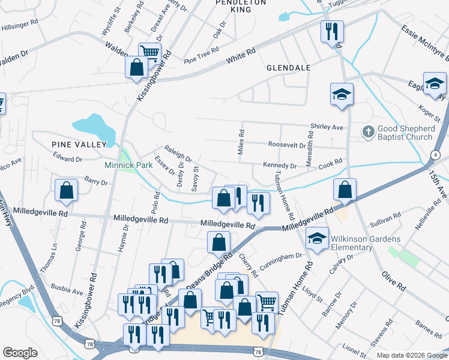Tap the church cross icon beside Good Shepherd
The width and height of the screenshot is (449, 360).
(368, 130)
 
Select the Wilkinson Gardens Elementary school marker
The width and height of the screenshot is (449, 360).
(317, 239)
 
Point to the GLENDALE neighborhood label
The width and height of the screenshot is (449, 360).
(289, 68)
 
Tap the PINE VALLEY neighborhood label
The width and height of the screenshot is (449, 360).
(79, 144)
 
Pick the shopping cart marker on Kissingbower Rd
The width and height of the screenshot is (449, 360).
(149, 52)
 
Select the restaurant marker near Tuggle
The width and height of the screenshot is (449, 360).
(331, 31)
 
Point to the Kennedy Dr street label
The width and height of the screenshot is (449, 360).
(280, 165)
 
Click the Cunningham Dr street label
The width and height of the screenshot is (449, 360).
(280, 256)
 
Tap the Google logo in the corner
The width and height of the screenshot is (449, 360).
(20, 352)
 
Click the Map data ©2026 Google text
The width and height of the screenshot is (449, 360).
(411, 355)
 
